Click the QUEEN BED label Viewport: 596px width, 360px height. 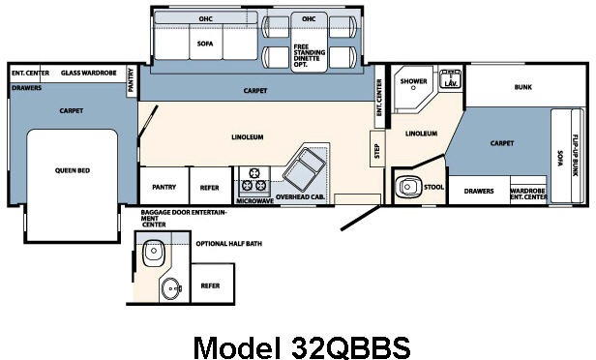72,170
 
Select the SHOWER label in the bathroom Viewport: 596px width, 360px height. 414,81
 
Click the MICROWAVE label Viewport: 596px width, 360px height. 253,200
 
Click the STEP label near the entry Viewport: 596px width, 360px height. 376,151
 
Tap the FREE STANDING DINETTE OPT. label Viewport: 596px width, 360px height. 308,49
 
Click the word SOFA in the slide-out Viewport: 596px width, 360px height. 205,43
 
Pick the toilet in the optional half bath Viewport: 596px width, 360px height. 153,254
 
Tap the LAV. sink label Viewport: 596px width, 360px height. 450,84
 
